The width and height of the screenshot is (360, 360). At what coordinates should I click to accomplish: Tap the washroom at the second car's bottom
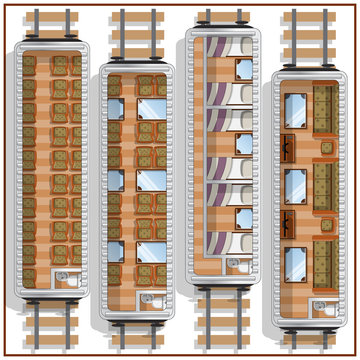point(152,301)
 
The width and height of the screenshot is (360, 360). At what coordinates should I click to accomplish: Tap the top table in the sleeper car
point(244,68)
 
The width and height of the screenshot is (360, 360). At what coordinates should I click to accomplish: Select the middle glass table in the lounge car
point(297,184)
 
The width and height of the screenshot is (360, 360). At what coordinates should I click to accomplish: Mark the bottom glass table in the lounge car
point(297,262)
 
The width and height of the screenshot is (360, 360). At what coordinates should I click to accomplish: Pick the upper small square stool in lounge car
point(326,146)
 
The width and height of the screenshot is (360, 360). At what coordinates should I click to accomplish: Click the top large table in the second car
point(152,108)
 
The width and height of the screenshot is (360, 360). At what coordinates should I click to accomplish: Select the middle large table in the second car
point(152,180)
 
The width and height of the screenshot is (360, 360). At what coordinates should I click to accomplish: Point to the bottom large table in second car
point(152,250)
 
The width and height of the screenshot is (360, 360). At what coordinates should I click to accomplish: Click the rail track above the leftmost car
point(48,24)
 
